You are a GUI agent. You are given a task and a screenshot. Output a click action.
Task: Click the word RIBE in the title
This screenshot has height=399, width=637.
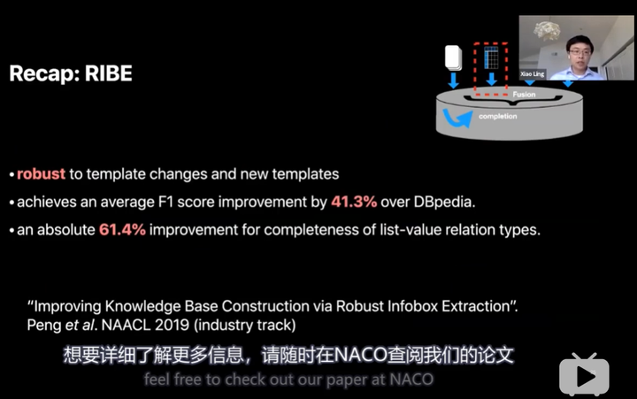[109, 73]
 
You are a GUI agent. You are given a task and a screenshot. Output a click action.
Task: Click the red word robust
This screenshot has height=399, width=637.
[41, 174]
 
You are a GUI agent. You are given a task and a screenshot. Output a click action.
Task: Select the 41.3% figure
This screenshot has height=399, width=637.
[354, 202]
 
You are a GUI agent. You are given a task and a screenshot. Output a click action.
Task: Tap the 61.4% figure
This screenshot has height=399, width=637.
[122, 229]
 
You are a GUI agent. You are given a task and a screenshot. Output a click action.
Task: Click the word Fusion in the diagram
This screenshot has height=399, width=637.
[524, 95]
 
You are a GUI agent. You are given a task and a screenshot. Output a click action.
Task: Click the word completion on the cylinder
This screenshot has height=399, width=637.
[497, 116]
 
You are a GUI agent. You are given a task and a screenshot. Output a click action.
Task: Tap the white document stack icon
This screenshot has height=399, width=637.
[453, 58]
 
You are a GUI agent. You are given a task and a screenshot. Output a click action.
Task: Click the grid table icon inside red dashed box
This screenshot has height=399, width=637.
[491, 58]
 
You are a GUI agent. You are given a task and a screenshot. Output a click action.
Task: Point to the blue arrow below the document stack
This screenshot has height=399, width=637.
[453, 81]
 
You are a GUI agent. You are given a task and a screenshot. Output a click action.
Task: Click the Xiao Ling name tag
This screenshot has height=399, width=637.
[533, 74]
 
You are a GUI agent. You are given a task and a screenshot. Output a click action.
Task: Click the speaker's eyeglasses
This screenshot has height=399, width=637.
[579, 52]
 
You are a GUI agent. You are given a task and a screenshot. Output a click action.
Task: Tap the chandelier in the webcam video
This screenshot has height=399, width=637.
[547, 31]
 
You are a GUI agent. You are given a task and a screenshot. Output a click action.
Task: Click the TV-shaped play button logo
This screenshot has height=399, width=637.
[584, 374]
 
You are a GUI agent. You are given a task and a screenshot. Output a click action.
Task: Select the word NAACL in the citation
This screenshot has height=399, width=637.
[126, 325]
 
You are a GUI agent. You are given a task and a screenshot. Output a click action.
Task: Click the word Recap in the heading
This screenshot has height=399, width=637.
[45, 73]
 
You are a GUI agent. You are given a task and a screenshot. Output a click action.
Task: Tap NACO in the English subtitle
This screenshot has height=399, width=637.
[411, 380]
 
